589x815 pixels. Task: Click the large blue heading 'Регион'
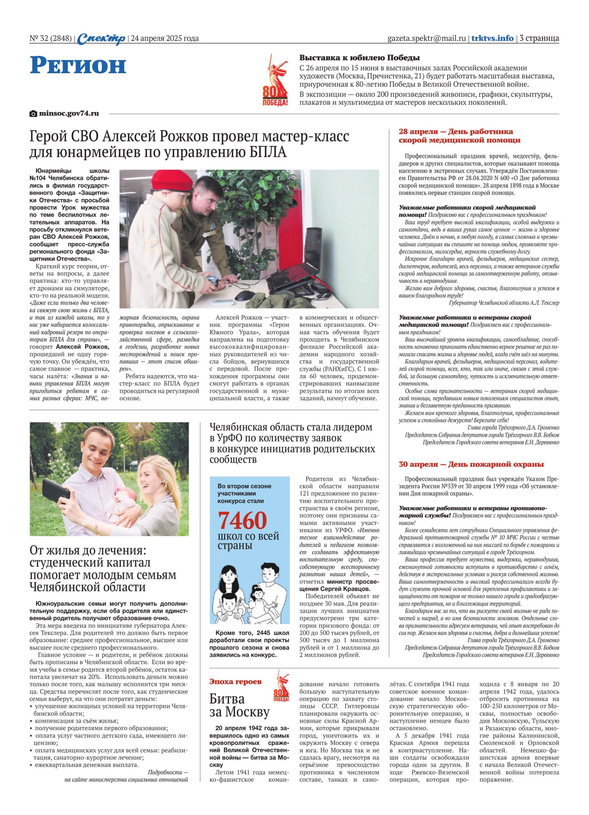78,65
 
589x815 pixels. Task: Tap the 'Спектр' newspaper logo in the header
101,39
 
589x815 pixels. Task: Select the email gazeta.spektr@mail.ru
427,38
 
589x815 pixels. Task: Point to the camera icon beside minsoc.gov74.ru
33,114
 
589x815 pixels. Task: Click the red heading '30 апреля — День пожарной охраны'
471,464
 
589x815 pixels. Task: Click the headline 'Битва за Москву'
239,705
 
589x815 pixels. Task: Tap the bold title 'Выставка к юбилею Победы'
360,58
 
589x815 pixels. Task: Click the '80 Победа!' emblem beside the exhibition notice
276,81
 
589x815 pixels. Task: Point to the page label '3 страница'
539,38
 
